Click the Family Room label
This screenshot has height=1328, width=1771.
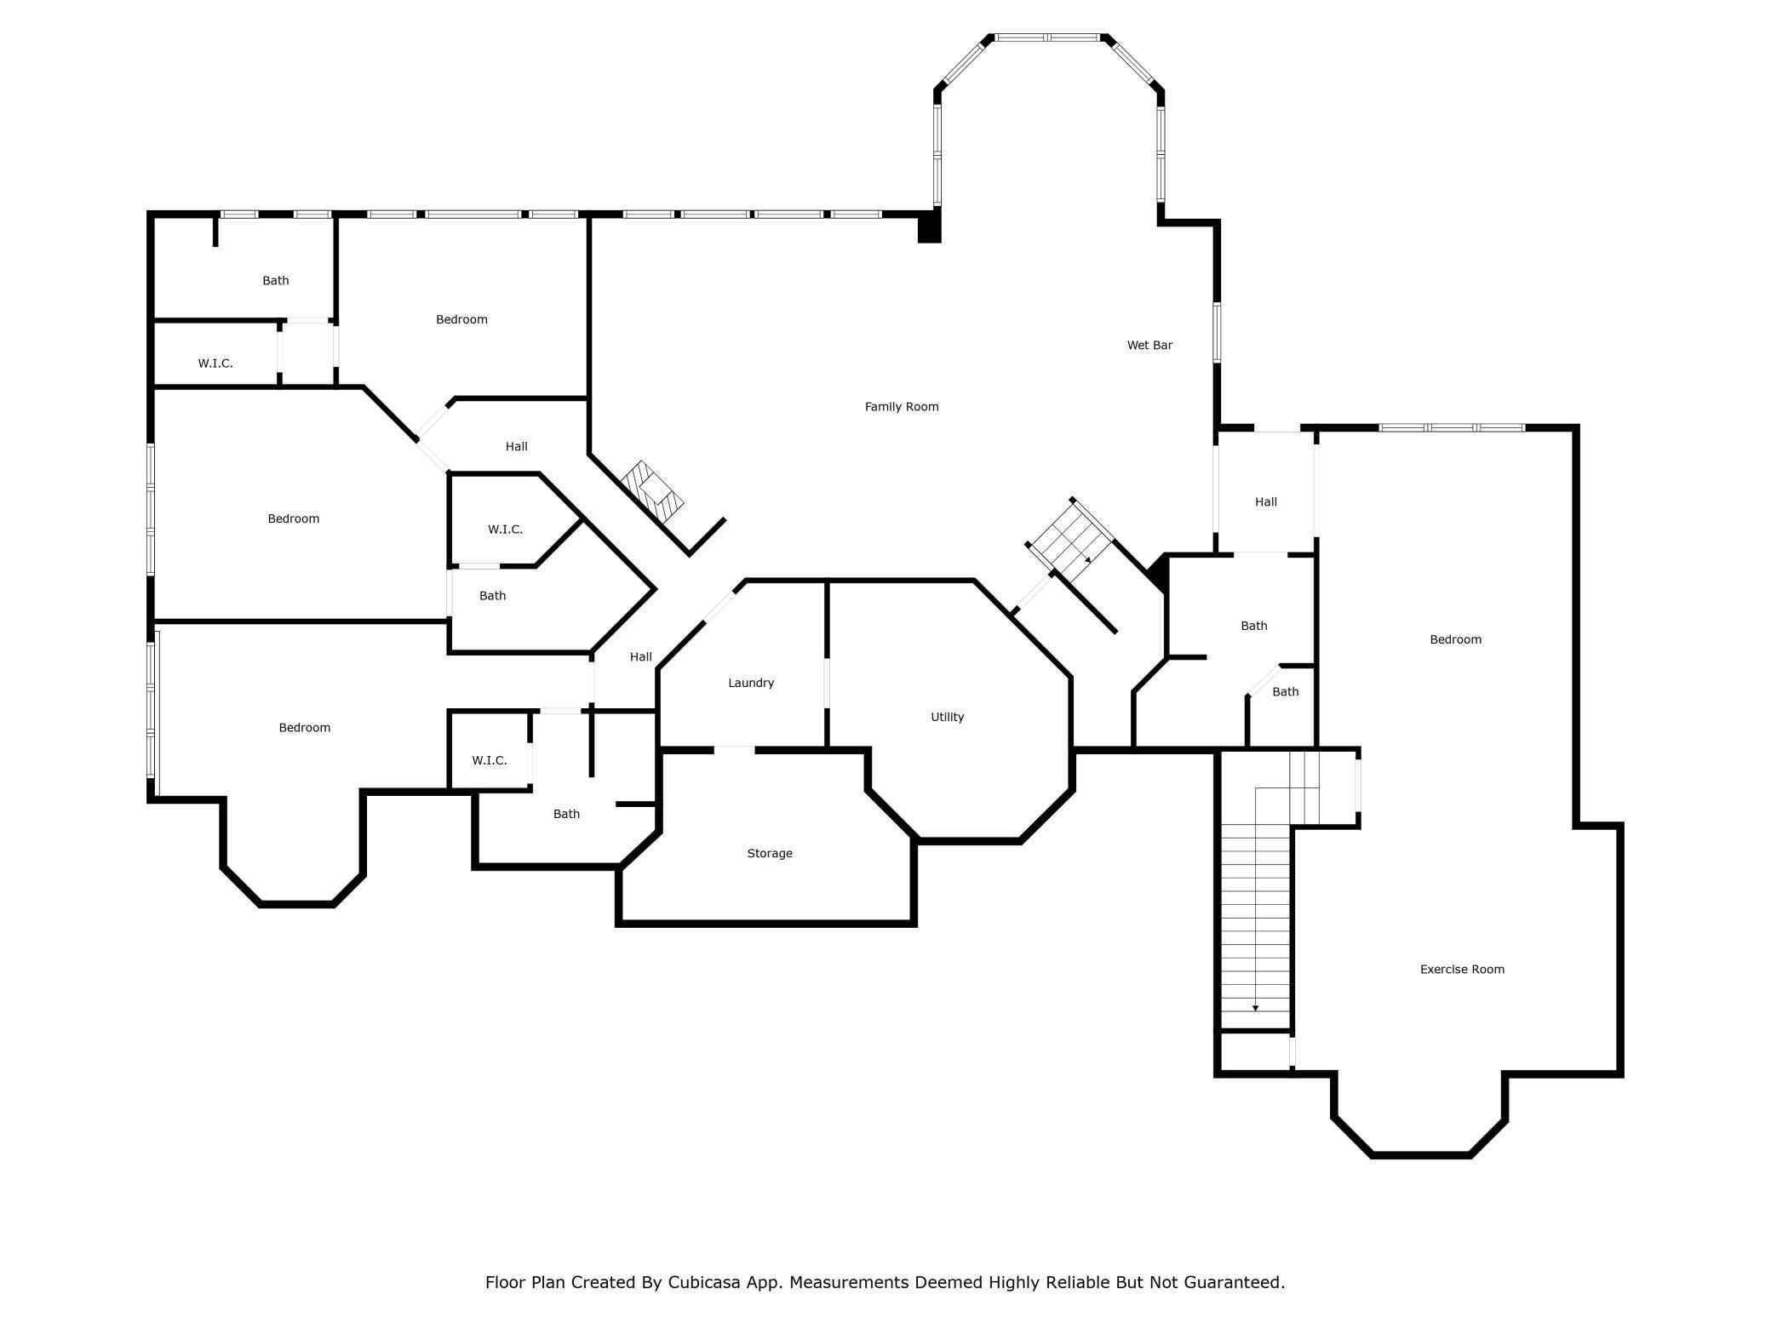click(901, 407)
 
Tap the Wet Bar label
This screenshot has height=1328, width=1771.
click(1149, 345)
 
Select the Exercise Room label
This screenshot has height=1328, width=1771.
click(1461, 969)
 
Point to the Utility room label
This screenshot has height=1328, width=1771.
click(947, 717)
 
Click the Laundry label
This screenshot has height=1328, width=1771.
click(750, 683)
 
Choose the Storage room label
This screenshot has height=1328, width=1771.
click(769, 853)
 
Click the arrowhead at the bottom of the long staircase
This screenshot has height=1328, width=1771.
click(1255, 1008)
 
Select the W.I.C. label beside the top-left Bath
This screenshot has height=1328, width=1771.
click(215, 363)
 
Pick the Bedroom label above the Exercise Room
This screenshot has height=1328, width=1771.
click(1455, 639)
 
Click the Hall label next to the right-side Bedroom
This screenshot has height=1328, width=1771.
click(1265, 502)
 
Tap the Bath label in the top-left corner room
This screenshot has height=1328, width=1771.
click(275, 280)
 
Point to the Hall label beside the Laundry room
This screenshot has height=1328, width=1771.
click(640, 656)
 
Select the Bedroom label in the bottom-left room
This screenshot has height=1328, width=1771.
click(304, 727)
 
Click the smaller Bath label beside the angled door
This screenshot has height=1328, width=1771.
click(1285, 692)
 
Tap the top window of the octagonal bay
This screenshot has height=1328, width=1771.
click(1048, 37)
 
